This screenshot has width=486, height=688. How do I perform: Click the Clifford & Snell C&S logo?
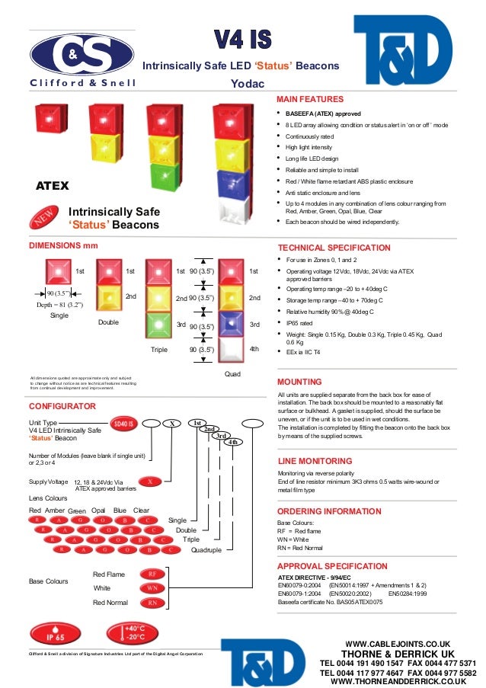tap(82, 54)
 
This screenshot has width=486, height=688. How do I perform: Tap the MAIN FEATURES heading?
tap(310, 99)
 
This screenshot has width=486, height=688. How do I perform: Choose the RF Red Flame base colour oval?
tap(152, 574)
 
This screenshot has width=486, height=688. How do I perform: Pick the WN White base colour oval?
tap(152, 588)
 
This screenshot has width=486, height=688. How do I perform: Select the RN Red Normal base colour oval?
tap(152, 603)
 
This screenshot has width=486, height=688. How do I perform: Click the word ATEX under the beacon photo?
tap(53, 186)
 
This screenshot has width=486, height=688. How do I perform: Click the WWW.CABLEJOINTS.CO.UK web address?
tap(397, 644)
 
